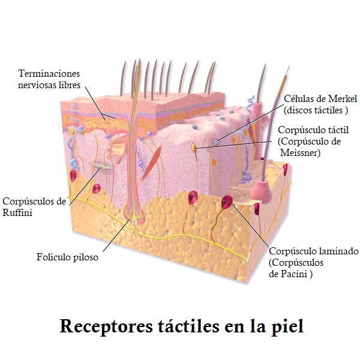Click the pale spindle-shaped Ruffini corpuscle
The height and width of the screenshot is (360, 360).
coord(100,164)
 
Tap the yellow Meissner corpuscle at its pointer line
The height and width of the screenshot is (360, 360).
coord(194,146)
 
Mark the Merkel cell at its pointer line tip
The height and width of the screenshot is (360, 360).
coord(217,142)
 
